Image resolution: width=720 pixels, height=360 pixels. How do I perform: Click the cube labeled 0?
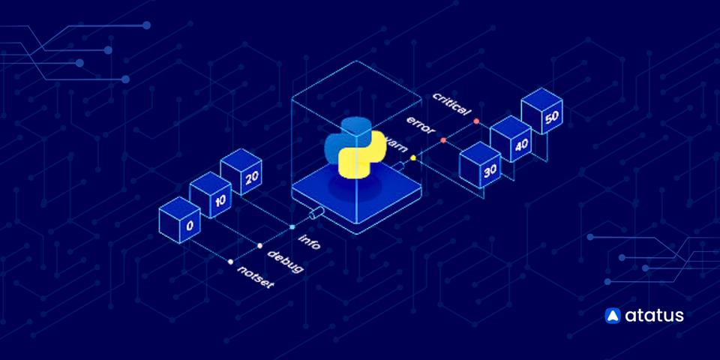click(x=181, y=223)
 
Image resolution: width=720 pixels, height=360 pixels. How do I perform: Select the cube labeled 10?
click(x=211, y=199)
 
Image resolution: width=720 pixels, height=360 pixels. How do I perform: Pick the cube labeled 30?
click(x=481, y=166)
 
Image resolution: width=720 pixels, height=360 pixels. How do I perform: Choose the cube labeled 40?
click(x=511, y=142)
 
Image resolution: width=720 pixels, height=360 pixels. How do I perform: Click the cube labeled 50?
click(x=542, y=114)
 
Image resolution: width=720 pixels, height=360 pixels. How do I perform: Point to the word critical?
click(x=451, y=106)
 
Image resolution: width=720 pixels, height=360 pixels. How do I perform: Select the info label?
click(x=310, y=241)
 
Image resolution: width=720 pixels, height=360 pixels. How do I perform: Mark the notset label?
click(x=256, y=276)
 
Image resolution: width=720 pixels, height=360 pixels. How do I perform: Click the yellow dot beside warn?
click(x=412, y=157)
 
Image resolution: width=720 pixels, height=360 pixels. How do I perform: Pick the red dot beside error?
click(x=443, y=140)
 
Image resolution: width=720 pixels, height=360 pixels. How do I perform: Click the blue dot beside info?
click(x=292, y=226)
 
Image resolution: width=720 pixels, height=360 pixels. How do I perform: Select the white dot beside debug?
click(x=259, y=245)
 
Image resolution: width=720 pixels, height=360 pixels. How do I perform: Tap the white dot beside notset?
click(x=230, y=261)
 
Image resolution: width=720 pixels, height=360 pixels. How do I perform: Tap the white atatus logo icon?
click(x=613, y=316)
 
